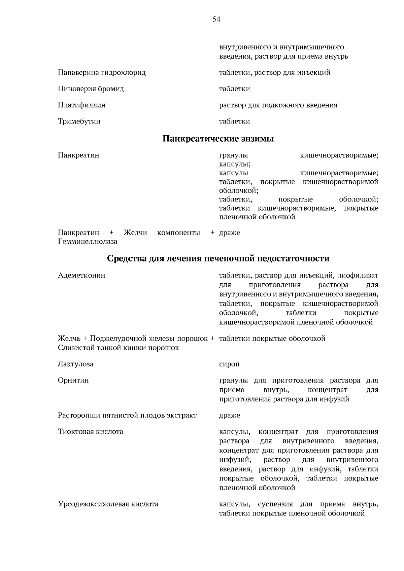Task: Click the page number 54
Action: (x=216, y=20)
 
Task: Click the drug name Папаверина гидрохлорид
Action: (x=102, y=73)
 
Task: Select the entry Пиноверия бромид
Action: (x=91, y=89)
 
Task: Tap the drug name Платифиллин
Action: (x=82, y=105)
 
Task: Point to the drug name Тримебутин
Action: (x=79, y=121)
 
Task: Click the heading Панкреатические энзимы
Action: (x=218, y=139)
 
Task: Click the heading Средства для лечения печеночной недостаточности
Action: (x=218, y=258)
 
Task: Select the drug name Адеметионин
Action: (x=81, y=275)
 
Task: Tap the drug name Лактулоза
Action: (x=75, y=364)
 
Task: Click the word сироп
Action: (x=229, y=364)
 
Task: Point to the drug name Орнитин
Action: (x=73, y=380)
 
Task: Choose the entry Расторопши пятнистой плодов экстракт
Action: (x=127, y=415)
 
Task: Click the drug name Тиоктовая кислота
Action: (x=90, y=431)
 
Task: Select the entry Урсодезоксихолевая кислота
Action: (x=108, y=504)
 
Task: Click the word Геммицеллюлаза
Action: (x=88, y=242)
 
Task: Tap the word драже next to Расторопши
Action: (x=230, y=415)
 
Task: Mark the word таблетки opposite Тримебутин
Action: (x=234, y=121)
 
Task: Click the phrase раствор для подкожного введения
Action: (x=278, y=105)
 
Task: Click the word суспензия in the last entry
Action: (x=275, y=504)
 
